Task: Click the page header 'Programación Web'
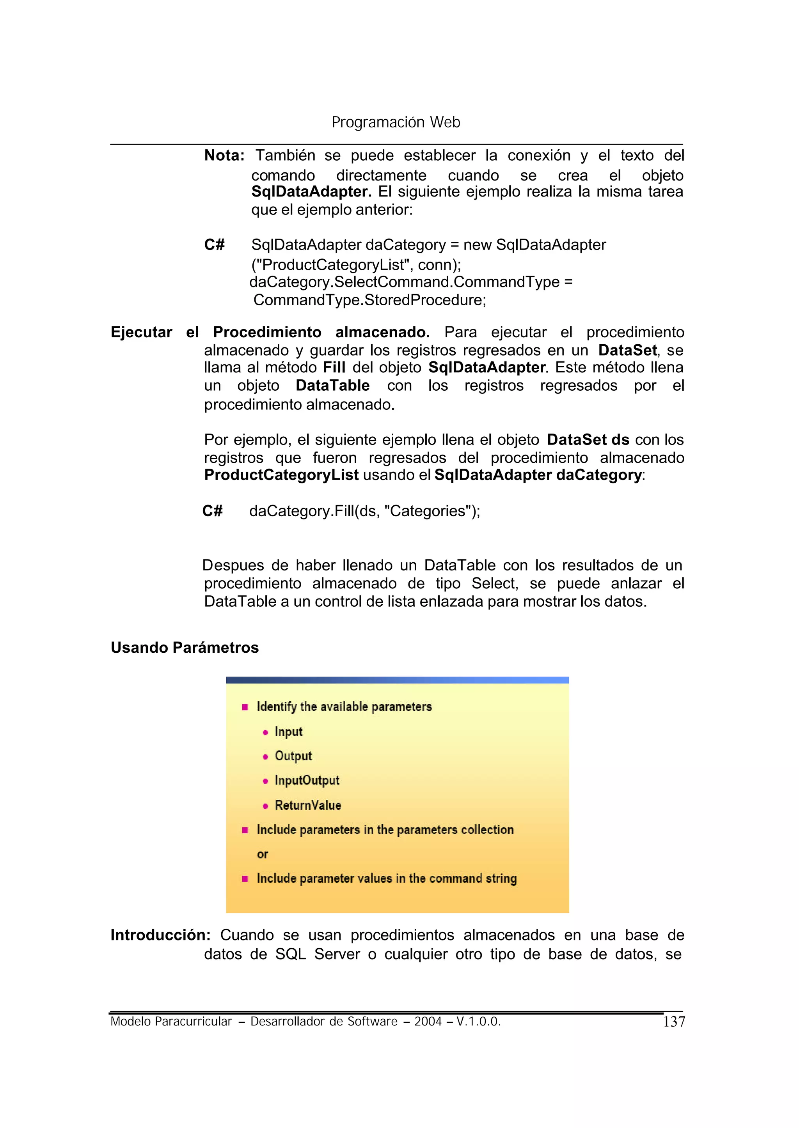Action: click(396, 122)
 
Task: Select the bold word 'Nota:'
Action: click(224, 156)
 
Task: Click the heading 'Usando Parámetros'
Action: click(185, 648)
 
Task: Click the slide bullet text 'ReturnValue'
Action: click(307, 806)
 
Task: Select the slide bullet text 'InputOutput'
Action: click(307, 780)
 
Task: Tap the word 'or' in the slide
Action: click(262, 854)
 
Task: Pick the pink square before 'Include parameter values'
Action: click(245, 879)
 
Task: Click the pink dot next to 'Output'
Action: click(265, 757)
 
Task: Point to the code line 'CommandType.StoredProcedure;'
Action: click(369, 299)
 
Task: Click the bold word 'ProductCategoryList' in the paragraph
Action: click(281, 475)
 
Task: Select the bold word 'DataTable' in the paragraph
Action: click(332, 386)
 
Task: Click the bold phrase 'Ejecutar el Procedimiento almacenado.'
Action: click(270, 333)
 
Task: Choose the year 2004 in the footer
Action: click(428, 1022)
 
